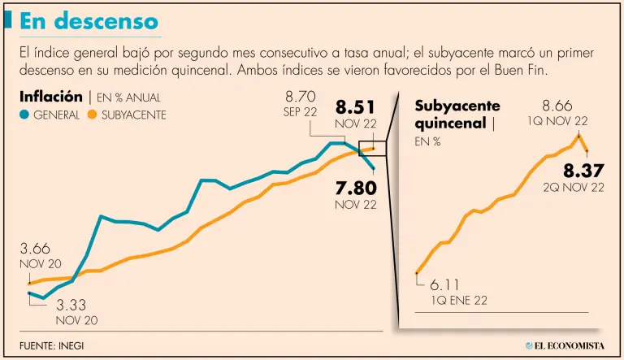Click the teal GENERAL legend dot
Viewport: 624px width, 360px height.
[x=24, y=115]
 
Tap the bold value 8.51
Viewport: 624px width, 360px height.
[x=356, y=106]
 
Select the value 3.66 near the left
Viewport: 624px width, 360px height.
[x=36, y=249]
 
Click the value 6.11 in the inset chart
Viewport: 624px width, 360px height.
[x=445, y=284]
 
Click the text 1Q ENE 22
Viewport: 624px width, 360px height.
[x=461, y=301]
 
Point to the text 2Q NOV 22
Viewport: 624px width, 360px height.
[x=574, y=187]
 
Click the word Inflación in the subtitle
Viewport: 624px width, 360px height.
[x=50, y=97]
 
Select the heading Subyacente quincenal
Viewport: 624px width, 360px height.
[x=457, y=115]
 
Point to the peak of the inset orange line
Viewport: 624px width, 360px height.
[x=579, y=135]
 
